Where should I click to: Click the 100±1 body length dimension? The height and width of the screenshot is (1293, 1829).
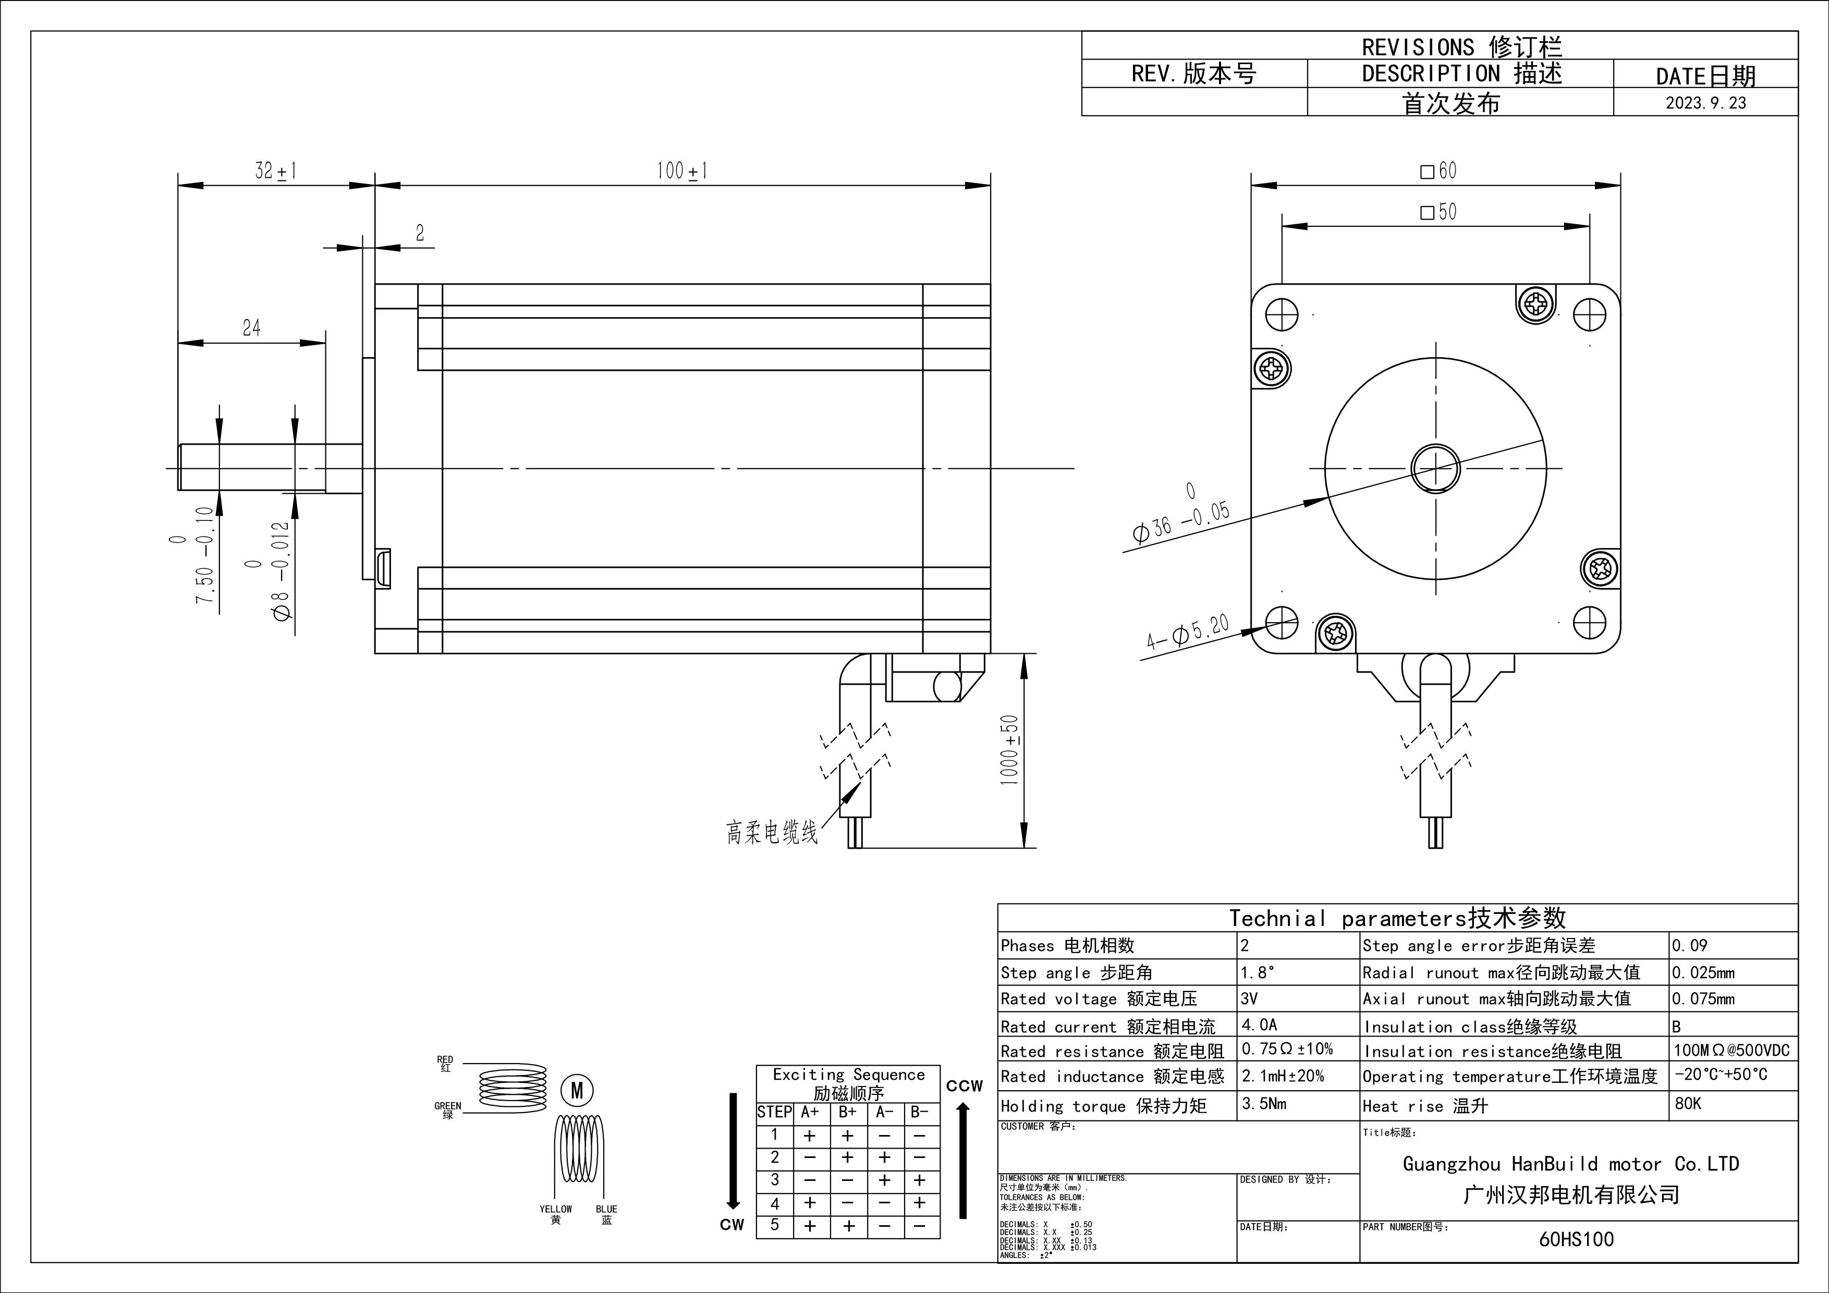coord(682,170)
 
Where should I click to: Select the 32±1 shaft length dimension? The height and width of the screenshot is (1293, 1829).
coord(276,170)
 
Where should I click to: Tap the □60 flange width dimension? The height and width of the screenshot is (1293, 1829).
coord(1438,170)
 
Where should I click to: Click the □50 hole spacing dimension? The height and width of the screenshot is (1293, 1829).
coord(1438,212)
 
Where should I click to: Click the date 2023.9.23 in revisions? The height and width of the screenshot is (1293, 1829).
coord(1705,103)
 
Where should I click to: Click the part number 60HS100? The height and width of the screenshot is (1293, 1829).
coord(1577,1239)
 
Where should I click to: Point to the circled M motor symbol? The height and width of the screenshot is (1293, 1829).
coord(578,1091)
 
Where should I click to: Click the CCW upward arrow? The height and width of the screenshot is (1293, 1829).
coord(963,1159)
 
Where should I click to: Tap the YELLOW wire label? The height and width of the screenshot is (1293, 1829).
coord(555,1210)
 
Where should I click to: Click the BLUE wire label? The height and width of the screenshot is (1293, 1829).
coord(606,1210)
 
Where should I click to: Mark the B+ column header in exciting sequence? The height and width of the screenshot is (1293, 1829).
coord(848,1112)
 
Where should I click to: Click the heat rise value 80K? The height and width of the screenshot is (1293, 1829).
coord(1688,1103)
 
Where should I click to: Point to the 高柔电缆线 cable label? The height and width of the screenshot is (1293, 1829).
coord(771,833)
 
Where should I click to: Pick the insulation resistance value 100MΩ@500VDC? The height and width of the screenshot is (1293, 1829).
coord(1731,1050)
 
